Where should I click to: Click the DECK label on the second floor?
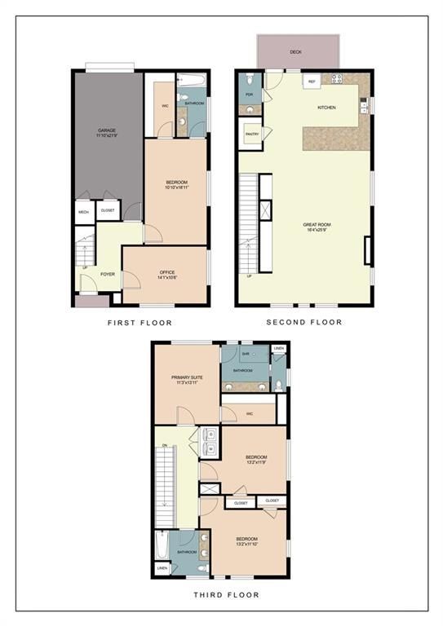[x=296, y=52]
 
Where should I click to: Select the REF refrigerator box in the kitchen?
[x=311, y=82]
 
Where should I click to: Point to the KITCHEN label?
[x=326, y=107]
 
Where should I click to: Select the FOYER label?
[x=108, y=274]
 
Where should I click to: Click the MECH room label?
[x=83, y=211]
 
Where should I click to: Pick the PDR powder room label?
[x=249, y=95]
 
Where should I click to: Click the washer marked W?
[x=211, y=447]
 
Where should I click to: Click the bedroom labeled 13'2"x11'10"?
[x=247, y=541]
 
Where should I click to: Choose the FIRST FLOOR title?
[x=140, y=323]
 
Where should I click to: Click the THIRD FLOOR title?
[x=220, y=596]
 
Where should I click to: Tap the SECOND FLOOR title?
[x=304, y=322]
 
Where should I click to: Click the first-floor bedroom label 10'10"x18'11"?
[x=176, y=185]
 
